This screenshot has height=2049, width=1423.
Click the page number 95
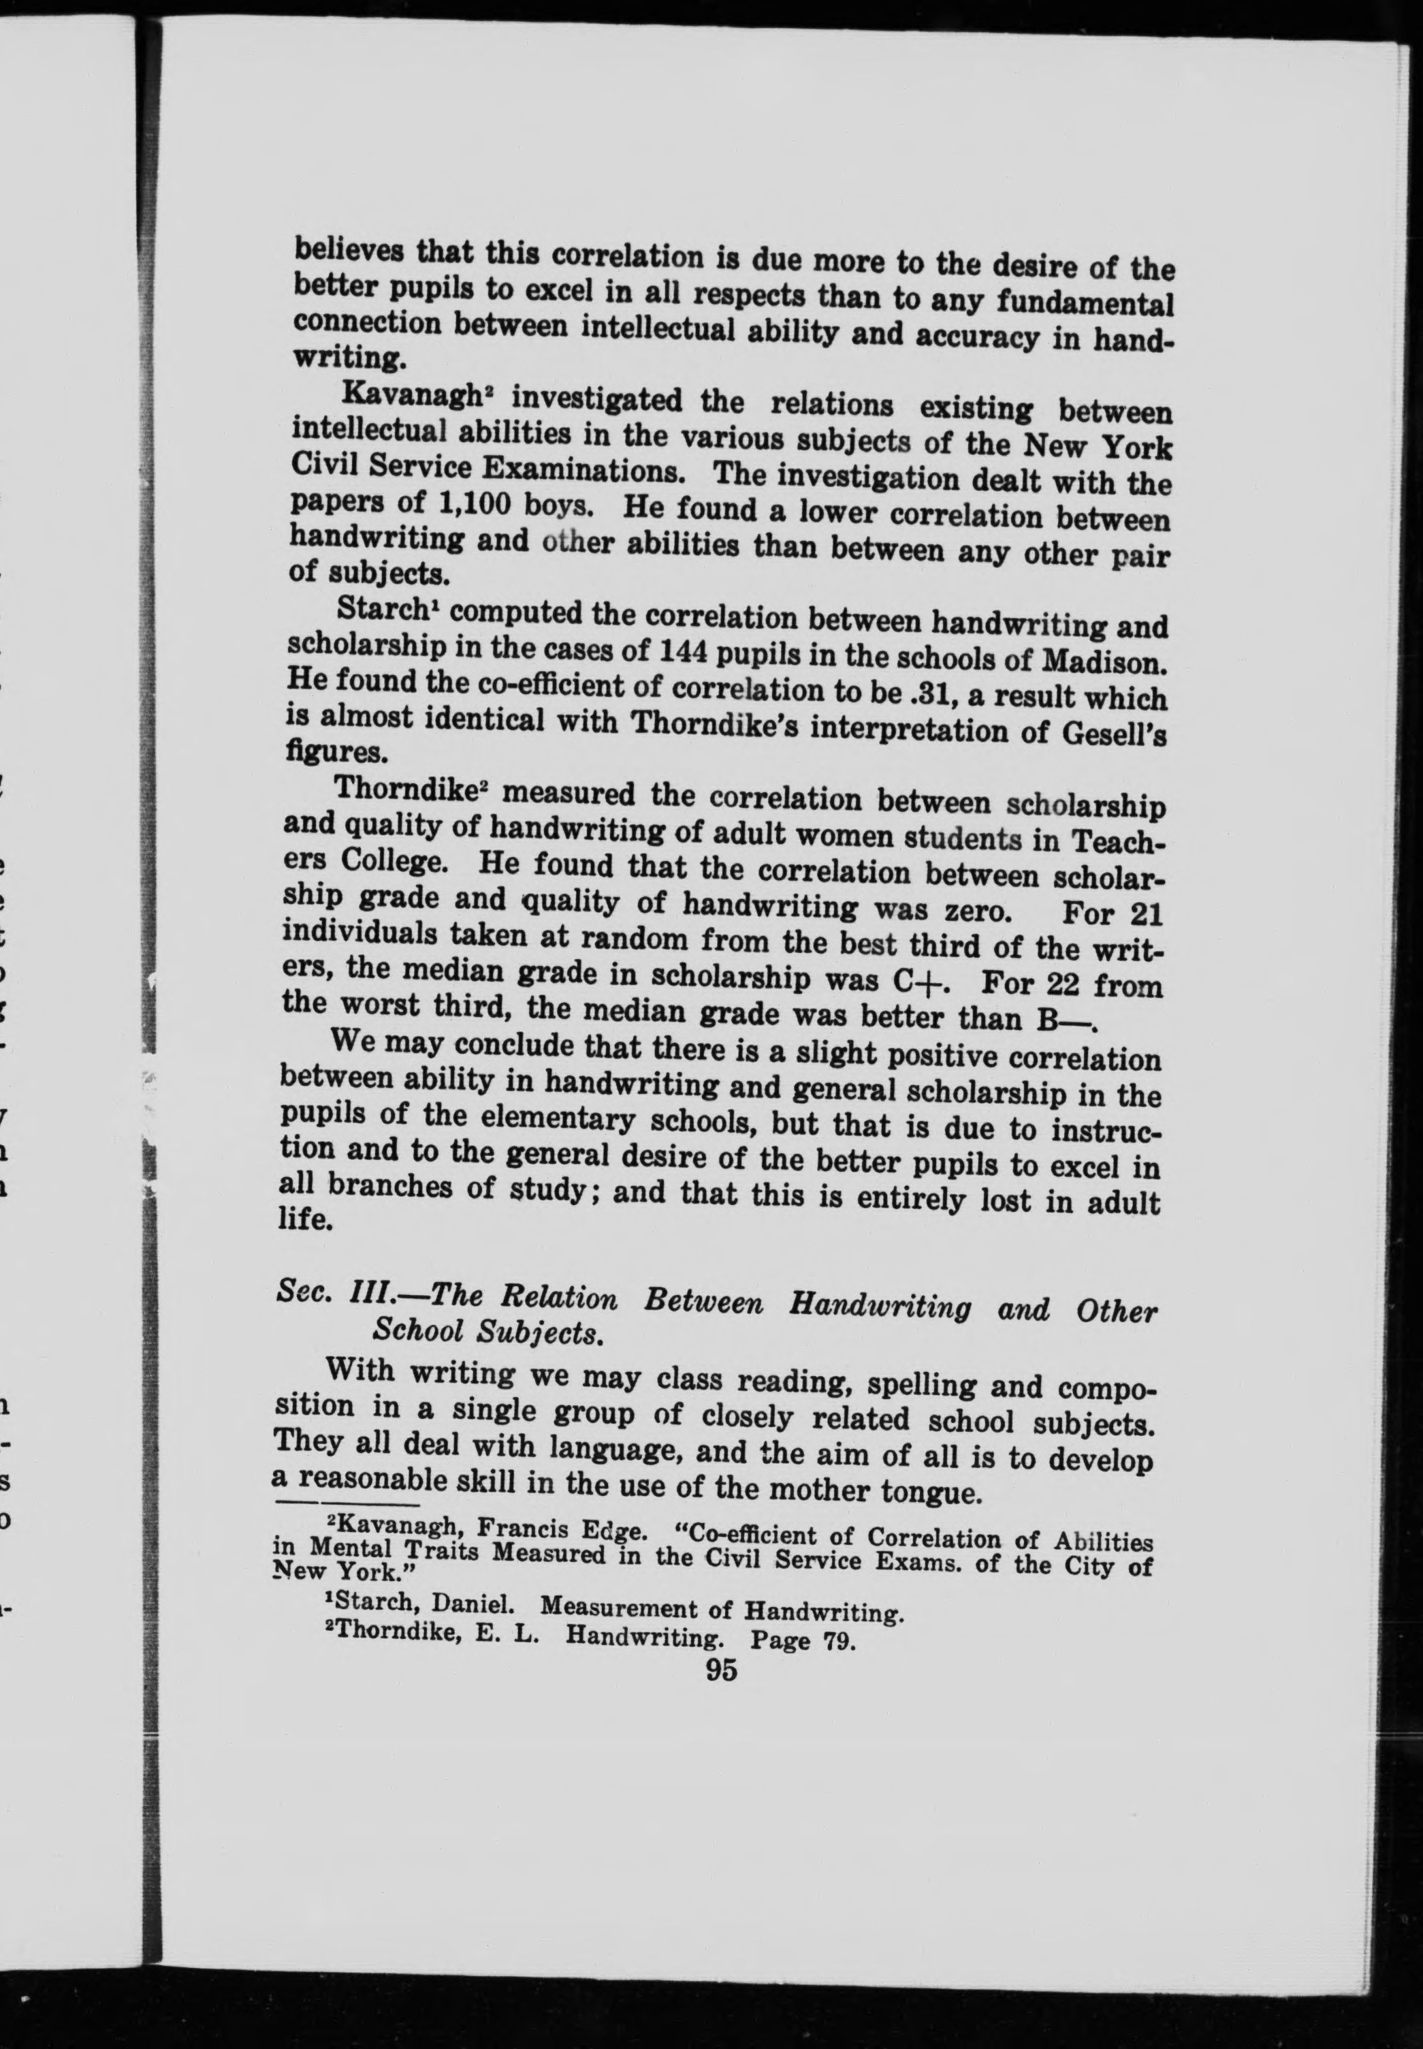tap(721, 1669)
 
